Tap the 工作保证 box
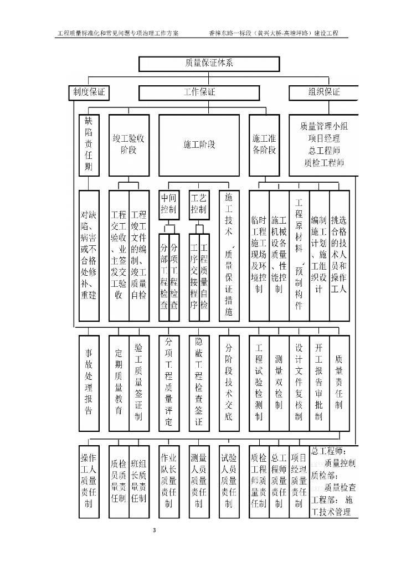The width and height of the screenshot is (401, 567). [199, 92]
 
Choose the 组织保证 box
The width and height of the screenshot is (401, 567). [323, 92]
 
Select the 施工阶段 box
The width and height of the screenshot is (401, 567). [199, 145]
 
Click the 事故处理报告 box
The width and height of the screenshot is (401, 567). [89, 383]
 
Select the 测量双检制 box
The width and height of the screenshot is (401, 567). [279, 383]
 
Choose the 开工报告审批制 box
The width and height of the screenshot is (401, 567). [318, 383]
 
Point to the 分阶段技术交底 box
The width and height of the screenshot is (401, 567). [229, 383]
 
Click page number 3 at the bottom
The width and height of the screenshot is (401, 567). [155, 530]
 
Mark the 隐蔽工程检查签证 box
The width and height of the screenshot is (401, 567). [199, 383]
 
